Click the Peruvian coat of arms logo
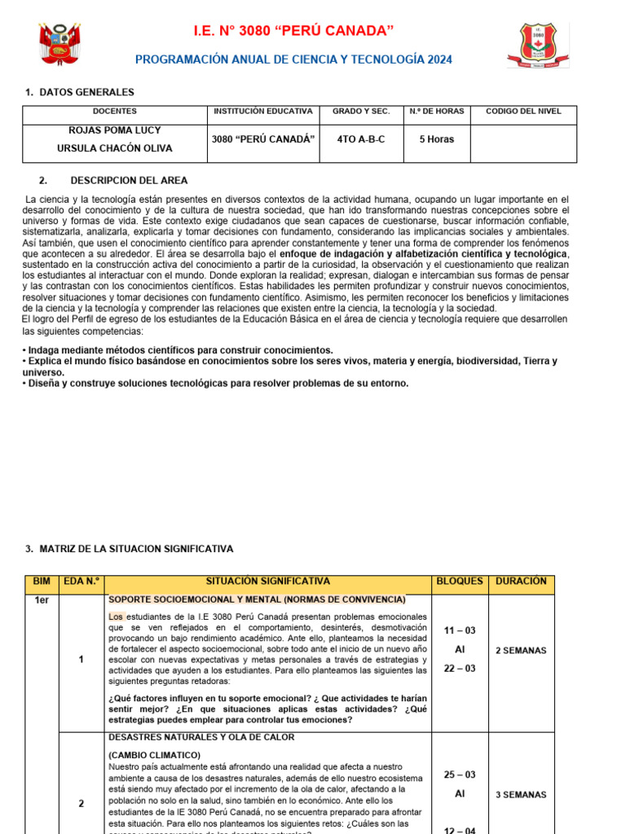(x=60, y=44)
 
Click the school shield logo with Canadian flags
(x=538, y=45)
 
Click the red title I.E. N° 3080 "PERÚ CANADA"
(x=293, y=31)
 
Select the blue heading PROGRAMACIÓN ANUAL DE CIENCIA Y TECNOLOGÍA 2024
(x=293, y=59)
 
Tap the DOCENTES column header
(x=115, y=111)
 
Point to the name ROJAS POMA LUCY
(x=115, y=129)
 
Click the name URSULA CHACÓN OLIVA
(x=115, y=149)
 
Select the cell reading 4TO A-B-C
(x=361, y=139)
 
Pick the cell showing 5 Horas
(x=437, y=139)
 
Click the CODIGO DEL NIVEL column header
(x=523, y=111)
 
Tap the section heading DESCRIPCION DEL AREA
(x=129, y=181)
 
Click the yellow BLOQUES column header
(x=460, y=582)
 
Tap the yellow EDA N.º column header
(x=82, y=582)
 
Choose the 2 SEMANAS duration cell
(x=521, y=651)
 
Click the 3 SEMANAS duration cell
(x=521, y=795)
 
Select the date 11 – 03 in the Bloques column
(x=460, y=630)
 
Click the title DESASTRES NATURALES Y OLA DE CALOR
(x=201, y=737)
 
